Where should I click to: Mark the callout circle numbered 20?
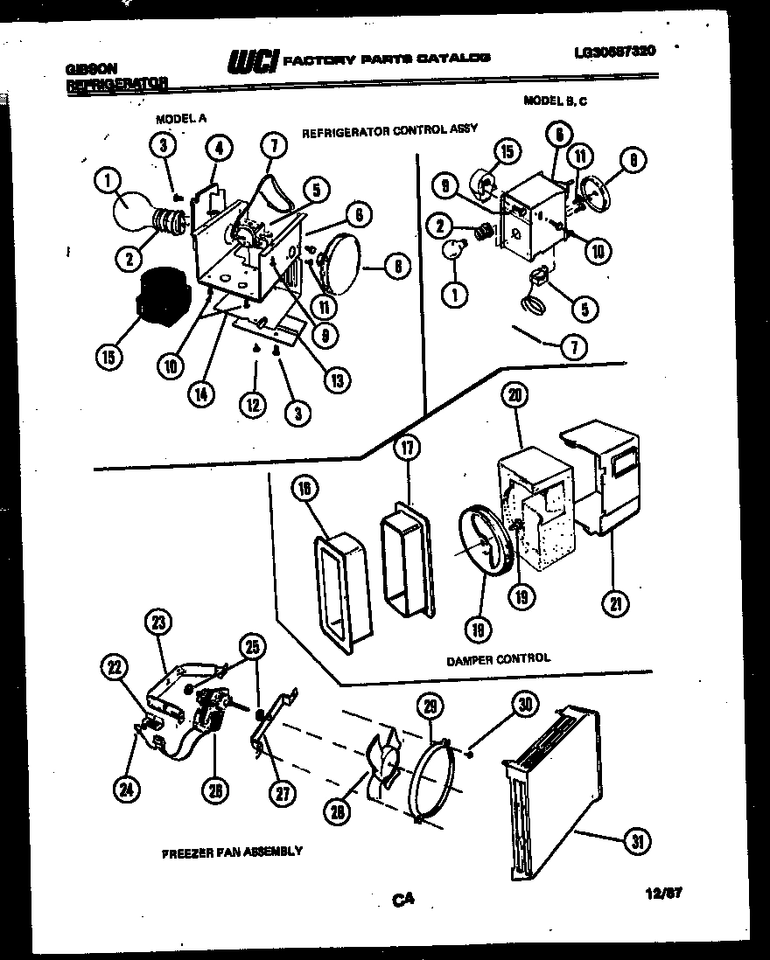(x=515, y=396)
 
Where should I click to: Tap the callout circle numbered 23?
(x=157, y=623)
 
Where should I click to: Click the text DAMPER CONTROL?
(x=498, y=658)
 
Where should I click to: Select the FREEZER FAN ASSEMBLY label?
(x=232, y=851)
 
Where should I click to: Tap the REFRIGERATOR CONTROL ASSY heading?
(x=389, y=130)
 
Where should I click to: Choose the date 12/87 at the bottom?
(x=661, y=893)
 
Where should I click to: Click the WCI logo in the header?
(x=253, y=59)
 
